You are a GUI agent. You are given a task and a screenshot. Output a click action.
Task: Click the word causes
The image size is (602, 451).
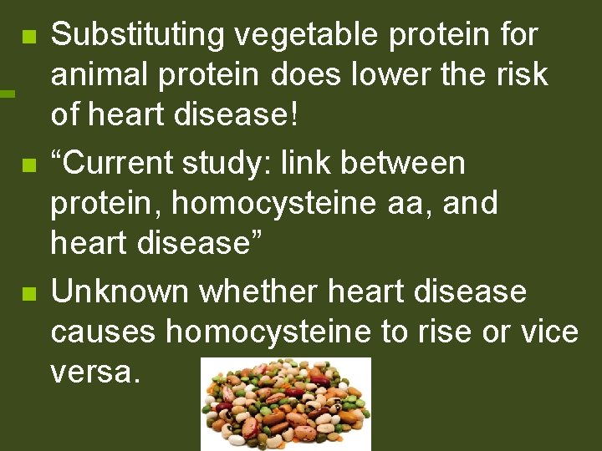(104, 332)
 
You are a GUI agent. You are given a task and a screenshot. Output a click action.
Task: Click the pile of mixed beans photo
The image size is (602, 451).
(285, 404)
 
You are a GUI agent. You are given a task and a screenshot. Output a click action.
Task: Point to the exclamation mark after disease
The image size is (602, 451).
(292, 114)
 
